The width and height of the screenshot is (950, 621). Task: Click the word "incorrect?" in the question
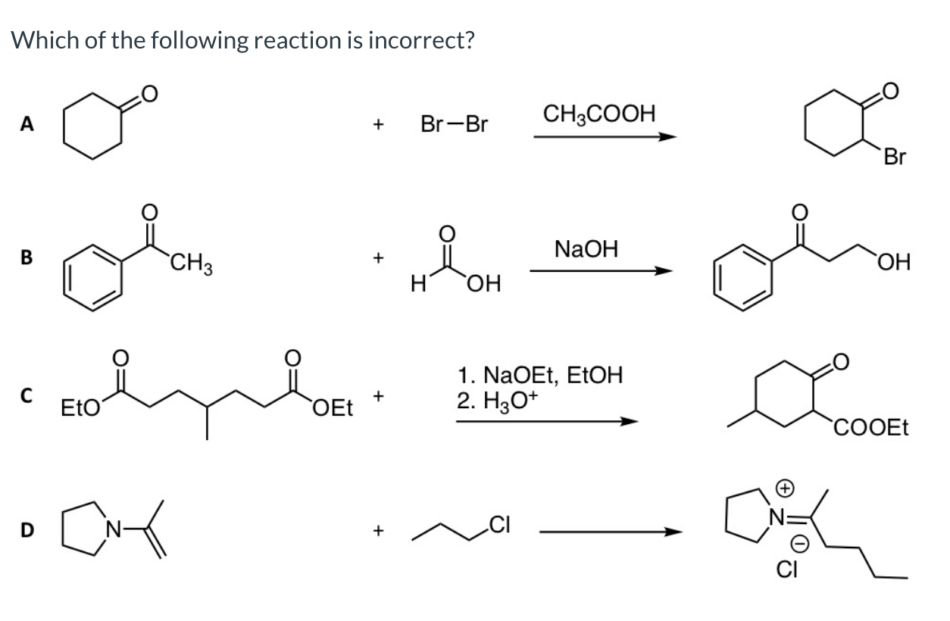pos(420,40)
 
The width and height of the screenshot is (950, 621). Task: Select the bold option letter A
pos(27,123)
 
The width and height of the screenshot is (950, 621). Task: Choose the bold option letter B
pos(27,257)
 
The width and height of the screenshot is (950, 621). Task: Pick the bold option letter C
pos(27,395)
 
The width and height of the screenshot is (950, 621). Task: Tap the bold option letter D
pos(27,530)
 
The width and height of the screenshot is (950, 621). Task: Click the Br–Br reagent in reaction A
pos(455,124)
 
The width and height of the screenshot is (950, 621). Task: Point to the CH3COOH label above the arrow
pos(599,114)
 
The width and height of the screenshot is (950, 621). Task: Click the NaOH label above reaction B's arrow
pos(586,248)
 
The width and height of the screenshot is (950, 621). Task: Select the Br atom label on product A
pos(895,157)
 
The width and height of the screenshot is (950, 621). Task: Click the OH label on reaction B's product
pos(894,262)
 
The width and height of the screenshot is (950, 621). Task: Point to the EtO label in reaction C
pos(80,407)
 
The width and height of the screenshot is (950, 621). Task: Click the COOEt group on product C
pos(871,427)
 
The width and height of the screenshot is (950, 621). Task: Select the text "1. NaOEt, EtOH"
pos(540,375)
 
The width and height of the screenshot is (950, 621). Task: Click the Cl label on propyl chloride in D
pos(499,525)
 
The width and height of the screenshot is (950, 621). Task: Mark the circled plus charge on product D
pos(785,488)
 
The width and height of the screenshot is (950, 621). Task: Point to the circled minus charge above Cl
pos(799,545)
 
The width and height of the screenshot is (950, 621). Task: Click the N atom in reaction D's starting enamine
pos(114,529)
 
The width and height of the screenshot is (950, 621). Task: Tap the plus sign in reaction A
pos(378,124)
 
